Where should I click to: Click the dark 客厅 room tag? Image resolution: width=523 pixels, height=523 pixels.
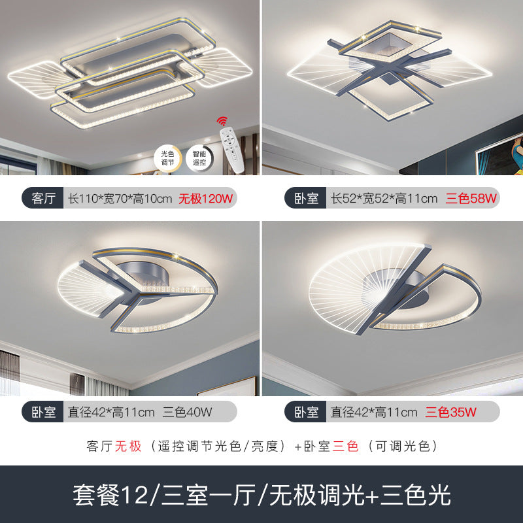(x=43, y=197)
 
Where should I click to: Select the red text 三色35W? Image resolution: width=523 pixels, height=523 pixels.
(x=451, y=412)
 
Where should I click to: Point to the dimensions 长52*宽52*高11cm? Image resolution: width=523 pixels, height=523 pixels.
(x=384, y=197)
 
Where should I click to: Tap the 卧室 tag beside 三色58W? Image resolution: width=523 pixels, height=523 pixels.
(x=305, y=197)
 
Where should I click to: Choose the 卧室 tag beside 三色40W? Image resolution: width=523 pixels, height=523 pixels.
(x=43, y=412)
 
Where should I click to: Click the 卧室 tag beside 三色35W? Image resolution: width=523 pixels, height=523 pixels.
(x=305, y=412)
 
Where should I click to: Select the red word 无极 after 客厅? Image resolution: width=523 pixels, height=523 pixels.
(x=128, y=447)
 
